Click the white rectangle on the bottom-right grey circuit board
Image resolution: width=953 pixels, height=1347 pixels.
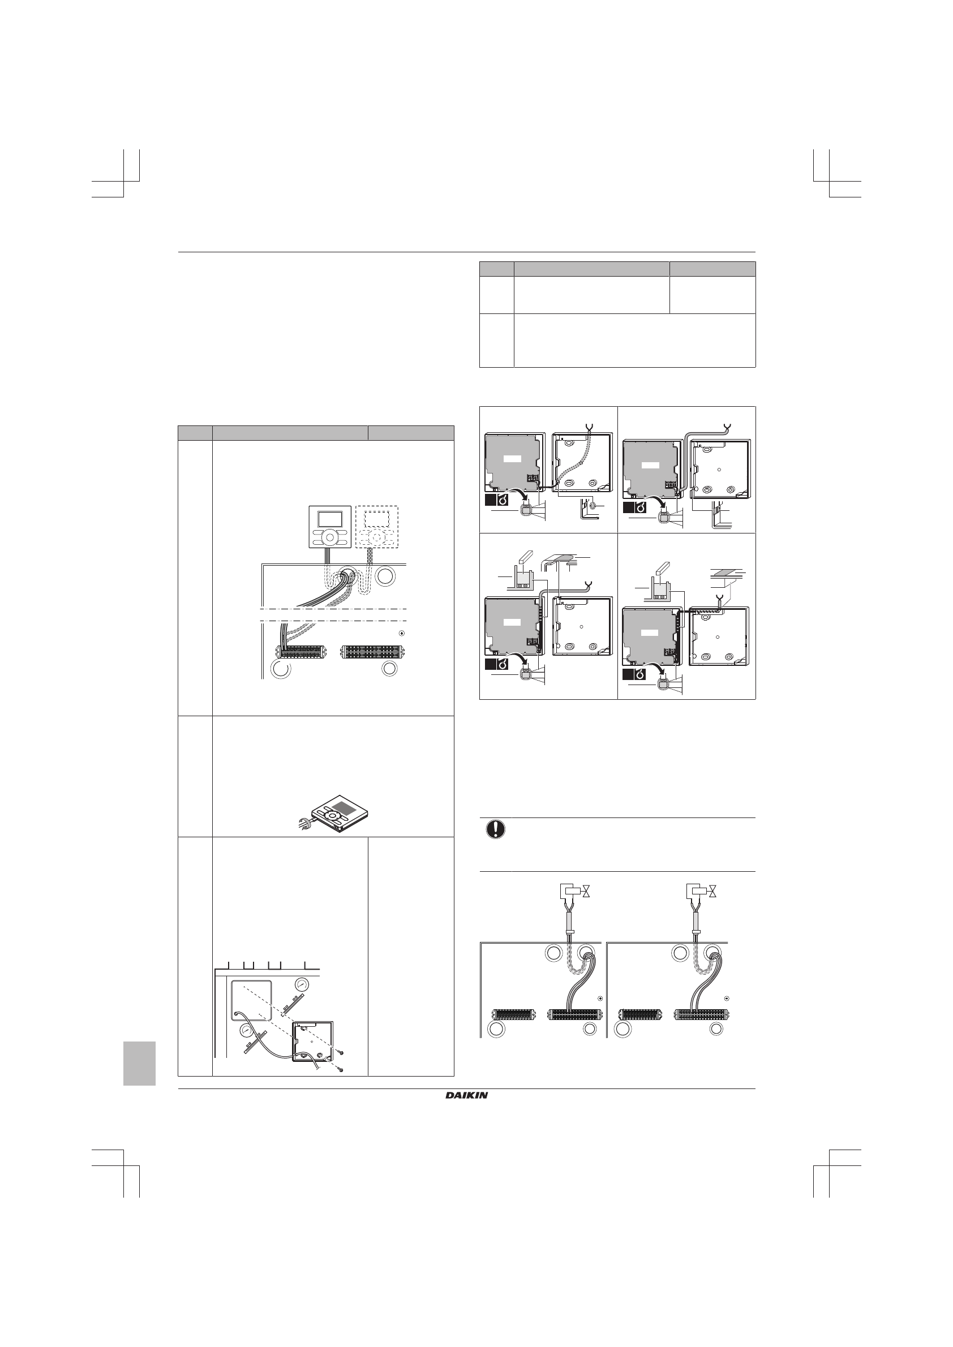[650, 632]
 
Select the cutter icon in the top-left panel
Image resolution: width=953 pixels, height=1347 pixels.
[503, 500]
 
